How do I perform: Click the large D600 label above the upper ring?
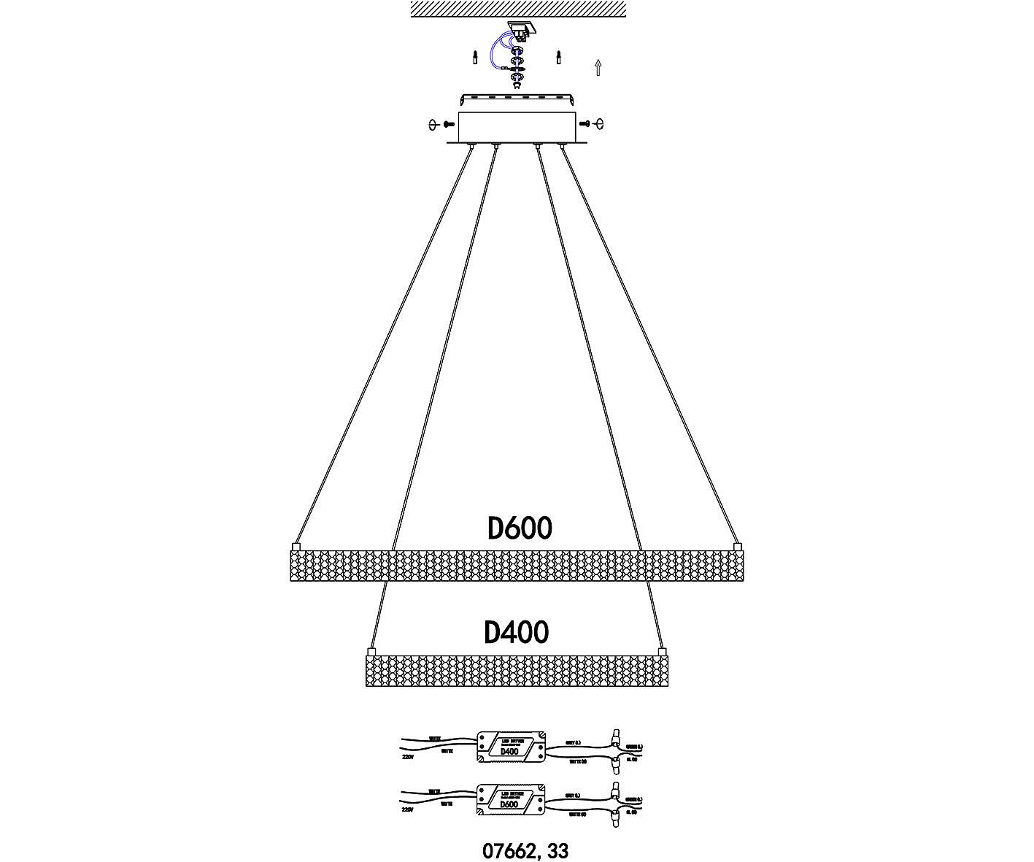(519, 528)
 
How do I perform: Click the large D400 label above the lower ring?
(517, 632)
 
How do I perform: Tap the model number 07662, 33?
(525, 850)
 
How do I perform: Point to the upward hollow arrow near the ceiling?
(598, 68)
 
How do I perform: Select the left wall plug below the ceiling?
(475, 57)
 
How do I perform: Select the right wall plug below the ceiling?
(559, 57)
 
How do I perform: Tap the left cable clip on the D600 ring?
(296, 546)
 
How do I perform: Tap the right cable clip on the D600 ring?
(737, 546)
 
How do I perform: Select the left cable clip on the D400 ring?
(371, 650)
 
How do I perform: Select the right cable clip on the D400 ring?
(662, 650)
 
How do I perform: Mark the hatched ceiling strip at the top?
(518, 9)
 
